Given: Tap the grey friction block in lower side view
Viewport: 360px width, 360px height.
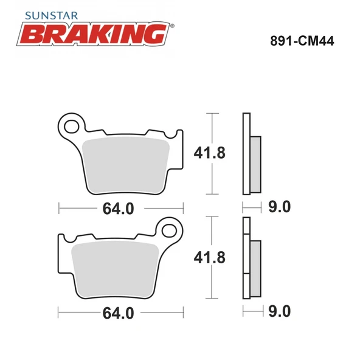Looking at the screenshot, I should point(255,266).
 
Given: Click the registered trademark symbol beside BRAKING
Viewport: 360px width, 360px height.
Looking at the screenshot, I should point(172,26).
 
